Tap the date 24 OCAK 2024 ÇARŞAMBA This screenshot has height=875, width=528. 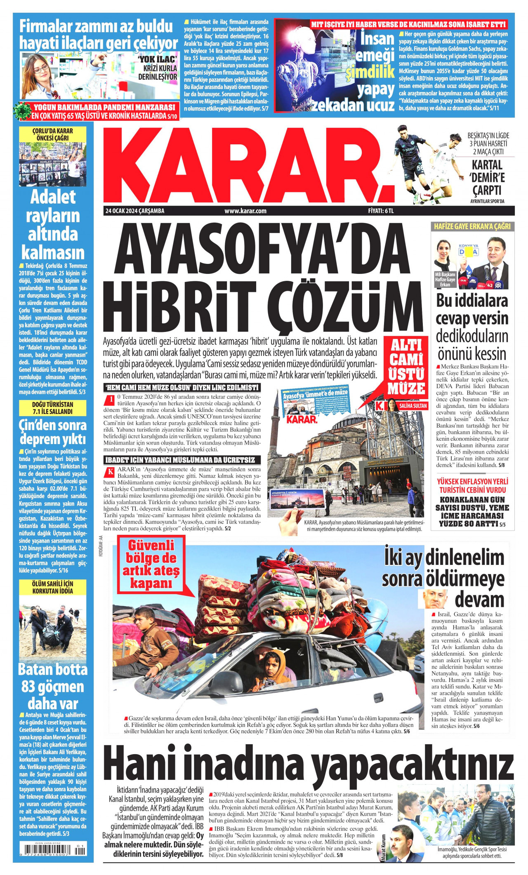(135, 211)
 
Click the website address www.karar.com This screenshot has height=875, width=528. (245, 211)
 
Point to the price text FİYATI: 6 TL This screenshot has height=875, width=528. (381, 211)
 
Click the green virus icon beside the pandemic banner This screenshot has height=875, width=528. (23, 111)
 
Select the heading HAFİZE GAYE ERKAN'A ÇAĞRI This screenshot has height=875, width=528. (472, 226)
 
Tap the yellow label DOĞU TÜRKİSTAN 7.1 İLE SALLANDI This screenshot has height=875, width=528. (52, 408)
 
